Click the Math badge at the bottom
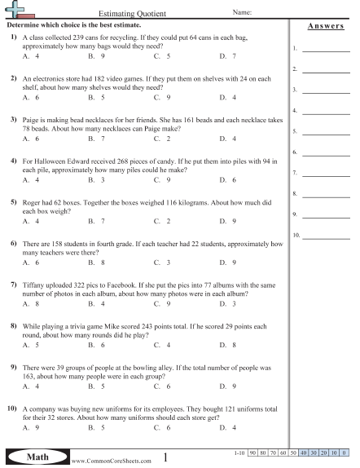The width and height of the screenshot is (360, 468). [x=36, y=456]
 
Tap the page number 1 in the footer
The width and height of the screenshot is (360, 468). [x=165, y=457]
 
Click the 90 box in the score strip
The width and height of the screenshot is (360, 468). [x=253, y=452]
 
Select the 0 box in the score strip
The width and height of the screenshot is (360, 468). [x=345, y=452]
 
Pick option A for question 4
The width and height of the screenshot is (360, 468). [x=31, y=179]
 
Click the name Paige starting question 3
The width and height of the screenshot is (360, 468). [x=32, y=119]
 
